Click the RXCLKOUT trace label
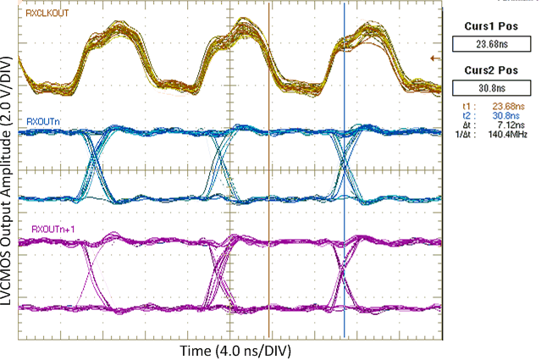coord(48,14)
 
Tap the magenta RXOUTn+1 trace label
coord(50,229)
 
